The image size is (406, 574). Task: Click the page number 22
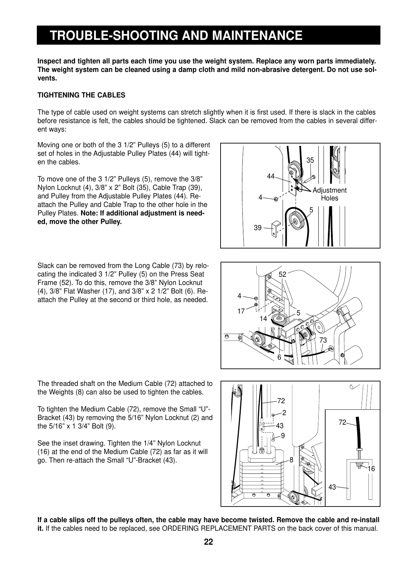(x=208, y=542)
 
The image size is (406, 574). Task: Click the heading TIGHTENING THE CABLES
(x=81, y=95)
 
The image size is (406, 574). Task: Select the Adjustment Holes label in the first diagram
(x=329, y=194)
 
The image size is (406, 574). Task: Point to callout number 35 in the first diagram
(x=310, y=160)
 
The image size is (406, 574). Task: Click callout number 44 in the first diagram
(x=271, y=176)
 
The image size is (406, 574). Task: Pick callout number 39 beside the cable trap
(x=258, y=228)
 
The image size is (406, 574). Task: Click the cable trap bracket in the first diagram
(x=275, y=228)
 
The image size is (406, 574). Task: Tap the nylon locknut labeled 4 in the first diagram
(x=276, y=199)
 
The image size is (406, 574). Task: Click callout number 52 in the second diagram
(x=283, y=274)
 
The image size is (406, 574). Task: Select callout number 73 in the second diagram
(x=323, y=340)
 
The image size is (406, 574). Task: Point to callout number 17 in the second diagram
(x=241, y=311)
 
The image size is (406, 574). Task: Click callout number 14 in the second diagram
(x=263, y=319)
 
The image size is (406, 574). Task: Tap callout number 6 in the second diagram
(x=279, y=357)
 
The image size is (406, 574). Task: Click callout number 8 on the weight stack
(x=291, y=460)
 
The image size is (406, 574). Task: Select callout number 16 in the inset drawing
(x=371, y=469)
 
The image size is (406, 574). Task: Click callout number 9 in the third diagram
(x=283, y=435)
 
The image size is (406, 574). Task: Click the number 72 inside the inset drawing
(x=343, y=423)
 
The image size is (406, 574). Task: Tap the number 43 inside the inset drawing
(x=332, y=487)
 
